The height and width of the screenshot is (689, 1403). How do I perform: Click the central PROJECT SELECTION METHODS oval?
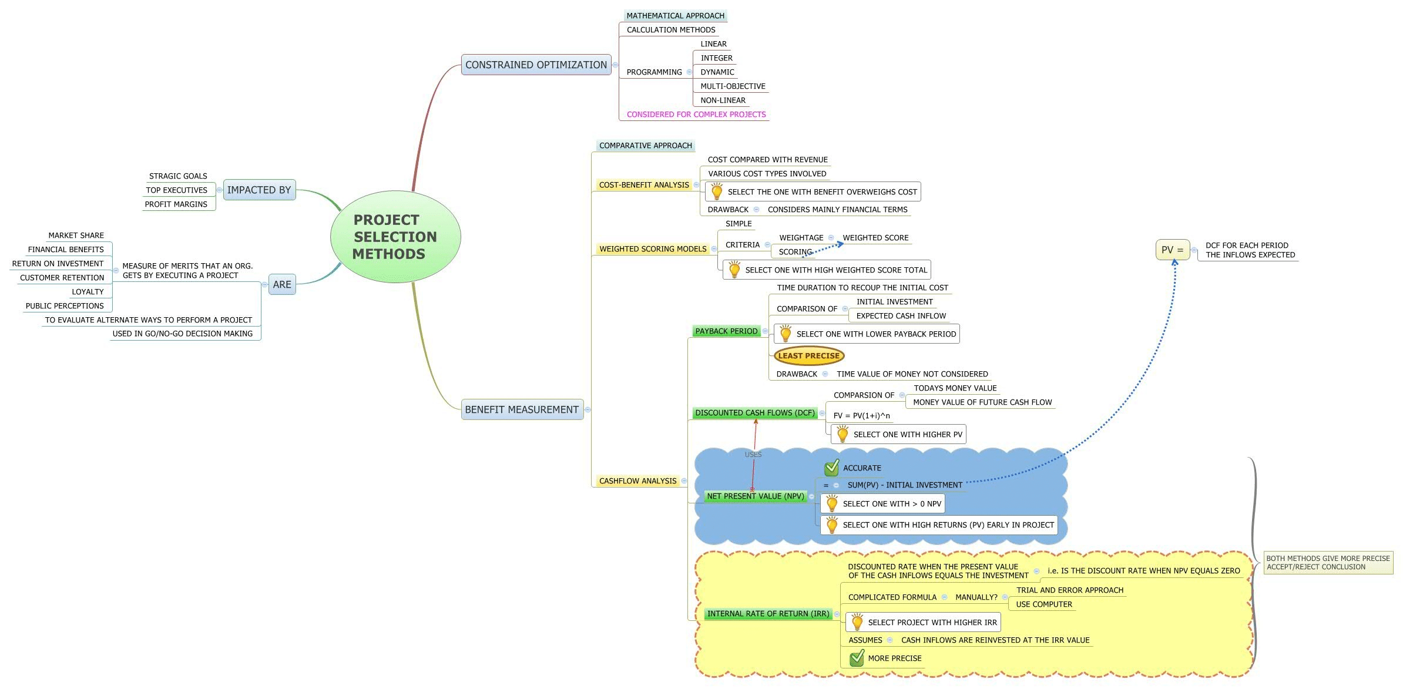395,237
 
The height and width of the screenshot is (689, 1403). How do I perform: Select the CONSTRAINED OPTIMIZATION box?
536,65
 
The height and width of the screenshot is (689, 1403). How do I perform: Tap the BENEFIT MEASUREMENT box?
522,409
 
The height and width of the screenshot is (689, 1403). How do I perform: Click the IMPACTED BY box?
259,190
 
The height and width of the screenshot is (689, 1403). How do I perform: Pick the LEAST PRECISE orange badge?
808,355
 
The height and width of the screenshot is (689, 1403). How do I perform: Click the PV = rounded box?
1172,250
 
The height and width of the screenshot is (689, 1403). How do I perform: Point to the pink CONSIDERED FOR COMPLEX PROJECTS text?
696,115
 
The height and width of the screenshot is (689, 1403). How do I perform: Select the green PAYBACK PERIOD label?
726,331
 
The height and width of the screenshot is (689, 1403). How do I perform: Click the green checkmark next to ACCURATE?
831,468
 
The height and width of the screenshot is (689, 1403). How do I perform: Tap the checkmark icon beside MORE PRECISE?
857,658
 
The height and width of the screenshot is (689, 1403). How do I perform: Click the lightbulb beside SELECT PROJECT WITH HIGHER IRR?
857,621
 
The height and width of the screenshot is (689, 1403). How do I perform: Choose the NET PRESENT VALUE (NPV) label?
755,496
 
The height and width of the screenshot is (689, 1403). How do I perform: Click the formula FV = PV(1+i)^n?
861,416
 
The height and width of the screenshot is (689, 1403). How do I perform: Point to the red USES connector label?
753,455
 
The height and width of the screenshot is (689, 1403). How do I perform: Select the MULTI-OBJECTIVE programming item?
733,86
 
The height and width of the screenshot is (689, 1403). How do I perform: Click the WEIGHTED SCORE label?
875,238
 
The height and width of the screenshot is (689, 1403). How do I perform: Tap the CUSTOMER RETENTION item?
62,278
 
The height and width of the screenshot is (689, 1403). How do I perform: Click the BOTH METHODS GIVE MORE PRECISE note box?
1328,563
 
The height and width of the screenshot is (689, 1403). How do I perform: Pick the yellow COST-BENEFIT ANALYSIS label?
644,185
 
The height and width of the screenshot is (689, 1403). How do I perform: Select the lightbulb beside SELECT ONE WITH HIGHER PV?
843,434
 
